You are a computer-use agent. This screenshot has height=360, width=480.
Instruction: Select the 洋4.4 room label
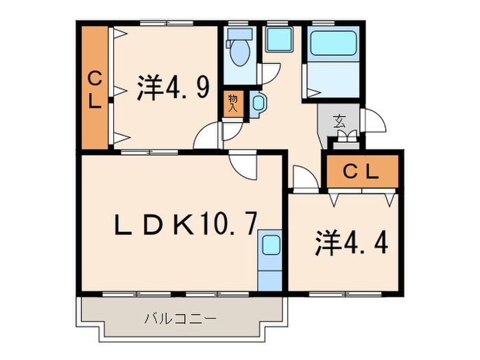coord(346,243)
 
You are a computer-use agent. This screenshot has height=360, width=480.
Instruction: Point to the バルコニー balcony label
coord(181,319)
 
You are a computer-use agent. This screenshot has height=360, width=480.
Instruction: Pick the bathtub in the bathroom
coord(333,45)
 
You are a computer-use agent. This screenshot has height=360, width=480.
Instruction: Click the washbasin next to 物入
coord(259,103)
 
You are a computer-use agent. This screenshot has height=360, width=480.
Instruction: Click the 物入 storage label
coord(232,104)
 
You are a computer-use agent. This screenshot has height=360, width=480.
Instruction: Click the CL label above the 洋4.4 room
coord(361,173)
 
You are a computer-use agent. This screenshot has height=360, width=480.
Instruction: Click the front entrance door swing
coord(374,122)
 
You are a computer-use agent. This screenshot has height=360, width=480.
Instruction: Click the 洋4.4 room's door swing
coord(304,177)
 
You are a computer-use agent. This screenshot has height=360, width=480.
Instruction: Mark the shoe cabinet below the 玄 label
coord(346,142)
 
